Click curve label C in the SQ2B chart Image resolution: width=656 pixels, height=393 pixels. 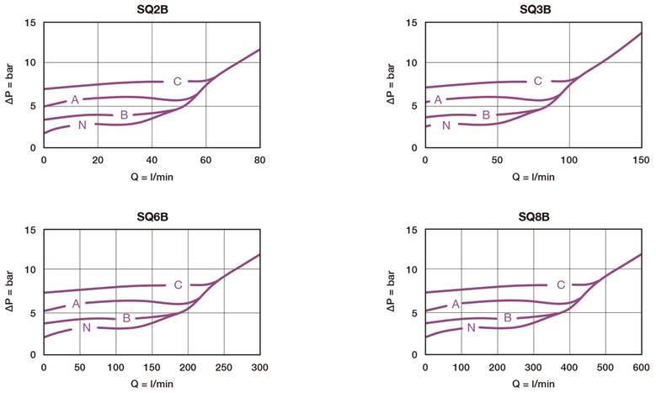pos(177,82)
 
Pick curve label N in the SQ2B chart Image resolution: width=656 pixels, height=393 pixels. pos(82,125)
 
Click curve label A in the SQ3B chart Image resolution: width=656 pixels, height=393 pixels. pos(437,100)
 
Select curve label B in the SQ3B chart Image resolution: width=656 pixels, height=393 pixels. pos(486,115)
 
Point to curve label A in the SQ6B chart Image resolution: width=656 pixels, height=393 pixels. pos(76,303)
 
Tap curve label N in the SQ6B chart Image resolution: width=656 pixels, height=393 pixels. pos(86,327)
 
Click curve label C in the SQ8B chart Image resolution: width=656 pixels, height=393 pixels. pos(561,285)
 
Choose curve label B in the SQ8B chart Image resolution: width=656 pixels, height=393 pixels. pos(508,317)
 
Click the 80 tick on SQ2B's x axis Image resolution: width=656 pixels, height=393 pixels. pos(259,160)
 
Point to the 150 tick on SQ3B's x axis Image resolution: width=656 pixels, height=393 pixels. pos(640,160)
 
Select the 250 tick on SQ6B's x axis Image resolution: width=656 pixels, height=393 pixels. pos(223,368)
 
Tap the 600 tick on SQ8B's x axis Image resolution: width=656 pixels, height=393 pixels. pos(640,368)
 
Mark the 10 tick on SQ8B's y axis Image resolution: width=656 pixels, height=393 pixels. pos(412,270)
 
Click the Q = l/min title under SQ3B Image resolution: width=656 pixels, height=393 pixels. pos(532,177)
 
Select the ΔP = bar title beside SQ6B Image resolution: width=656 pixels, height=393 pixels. pos(10,292)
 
